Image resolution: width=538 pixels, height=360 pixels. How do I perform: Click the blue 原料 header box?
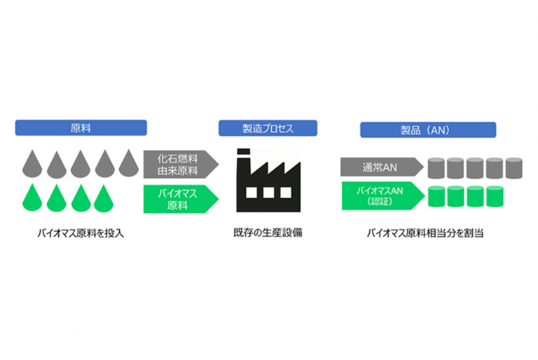tap(81, 128)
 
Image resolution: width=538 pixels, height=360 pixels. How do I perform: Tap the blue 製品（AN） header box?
tap(428, 130)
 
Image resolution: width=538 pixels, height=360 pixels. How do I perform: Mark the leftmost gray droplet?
tap(29, 164)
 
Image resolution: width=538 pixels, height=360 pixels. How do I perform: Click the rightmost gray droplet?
tap(127, 164)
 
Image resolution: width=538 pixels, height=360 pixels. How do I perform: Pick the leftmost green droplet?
tap(29, 198)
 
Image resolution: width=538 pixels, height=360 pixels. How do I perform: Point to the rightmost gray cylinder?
tap(514, 167)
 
